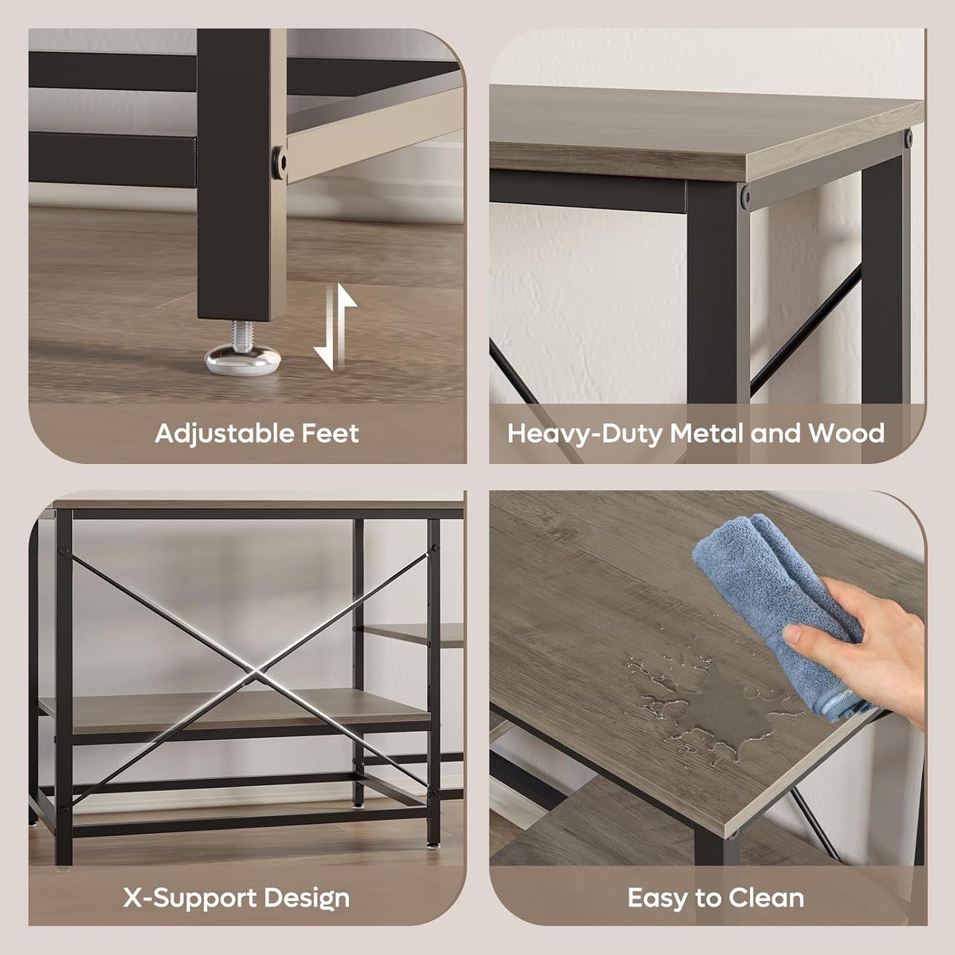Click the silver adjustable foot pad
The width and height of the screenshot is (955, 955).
[243, 360]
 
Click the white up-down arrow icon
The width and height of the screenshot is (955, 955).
[335, 327]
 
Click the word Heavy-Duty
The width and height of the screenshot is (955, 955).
[584, 434]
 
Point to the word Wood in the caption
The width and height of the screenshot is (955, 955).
[847, 433]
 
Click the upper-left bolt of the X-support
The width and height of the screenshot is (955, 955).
[62, 549]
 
